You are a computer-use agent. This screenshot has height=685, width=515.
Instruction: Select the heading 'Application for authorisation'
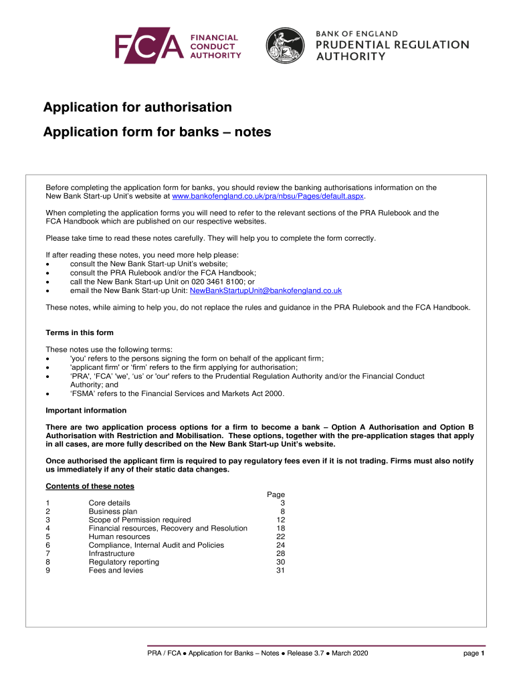click(138, 107)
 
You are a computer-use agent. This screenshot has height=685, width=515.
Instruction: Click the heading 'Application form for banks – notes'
click(157, 132)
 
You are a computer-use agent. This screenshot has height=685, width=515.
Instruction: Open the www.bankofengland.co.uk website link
click(268, 197)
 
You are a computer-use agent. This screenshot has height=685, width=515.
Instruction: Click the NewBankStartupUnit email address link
click(266, 290)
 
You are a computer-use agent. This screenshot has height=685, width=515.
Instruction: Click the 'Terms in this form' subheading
click(79, 332)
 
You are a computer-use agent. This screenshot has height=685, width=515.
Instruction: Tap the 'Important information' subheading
click(86, 410)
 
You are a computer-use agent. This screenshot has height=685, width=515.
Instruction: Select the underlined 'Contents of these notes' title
click(90, 486)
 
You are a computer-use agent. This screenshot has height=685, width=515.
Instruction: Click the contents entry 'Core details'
click(109, 502)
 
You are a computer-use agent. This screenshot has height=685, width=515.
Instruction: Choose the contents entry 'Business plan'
click(112, 511)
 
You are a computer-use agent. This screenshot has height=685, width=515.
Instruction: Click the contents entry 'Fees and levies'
click(116, 571)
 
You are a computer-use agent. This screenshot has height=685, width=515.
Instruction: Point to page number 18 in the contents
click(280, 528)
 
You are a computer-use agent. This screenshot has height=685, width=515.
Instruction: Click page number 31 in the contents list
click(280, 571)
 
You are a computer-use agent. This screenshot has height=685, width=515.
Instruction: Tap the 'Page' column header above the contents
click(276, 494)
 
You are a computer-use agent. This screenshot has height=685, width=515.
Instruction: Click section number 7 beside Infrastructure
click(47, 553)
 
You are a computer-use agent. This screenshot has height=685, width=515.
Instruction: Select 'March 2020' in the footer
click(348, 653)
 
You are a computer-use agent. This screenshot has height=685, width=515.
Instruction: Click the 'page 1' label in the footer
click(474, 653)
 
